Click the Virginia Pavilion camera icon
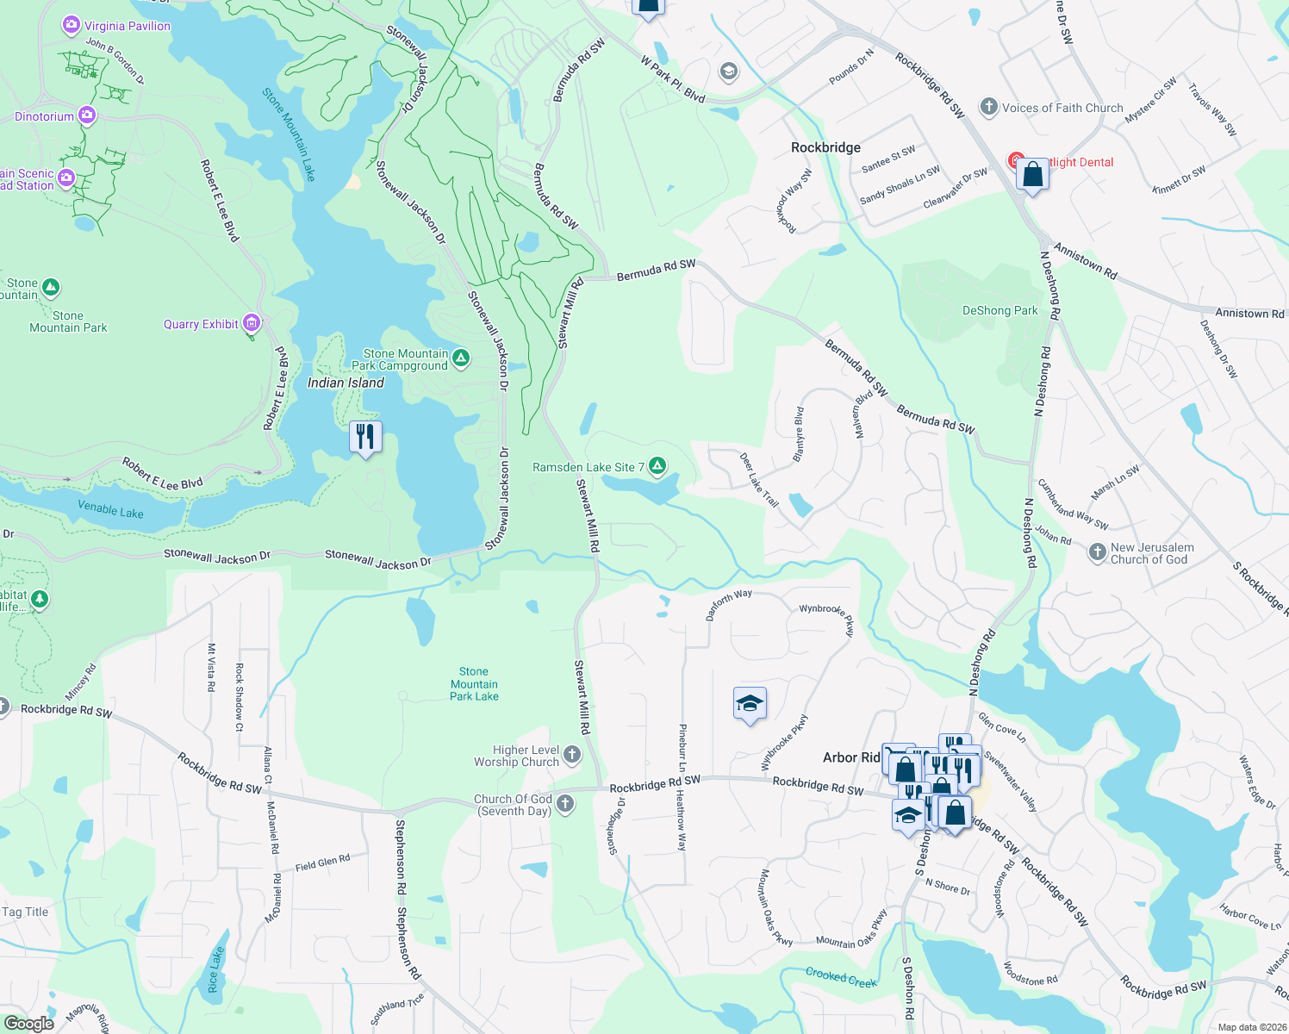[x=72, y=25]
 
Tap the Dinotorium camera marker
[x=86, y=115]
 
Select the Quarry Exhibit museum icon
[x=252, y=323]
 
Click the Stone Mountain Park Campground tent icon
[x=461, y=358]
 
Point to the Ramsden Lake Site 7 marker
[x=657, y=466]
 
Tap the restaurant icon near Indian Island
[x=365, y=437]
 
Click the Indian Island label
[x=346, y=383]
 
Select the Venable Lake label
[x=110, y=509]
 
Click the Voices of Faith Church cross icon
[x=988, y=108]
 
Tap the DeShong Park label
[x=999, y=310]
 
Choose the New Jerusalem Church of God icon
[x=1097, y=552]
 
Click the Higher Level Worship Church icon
[x=571, y=756]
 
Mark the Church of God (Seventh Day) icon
[x=565, y=804]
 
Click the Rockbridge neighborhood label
[x=825, y=147]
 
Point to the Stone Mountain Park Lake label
[x=474, y=683]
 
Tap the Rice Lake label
[x=215, y=969]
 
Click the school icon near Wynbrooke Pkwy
[x=749, y=704]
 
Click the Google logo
[x=29, y=1023]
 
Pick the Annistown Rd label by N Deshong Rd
[x=1085, y=261]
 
